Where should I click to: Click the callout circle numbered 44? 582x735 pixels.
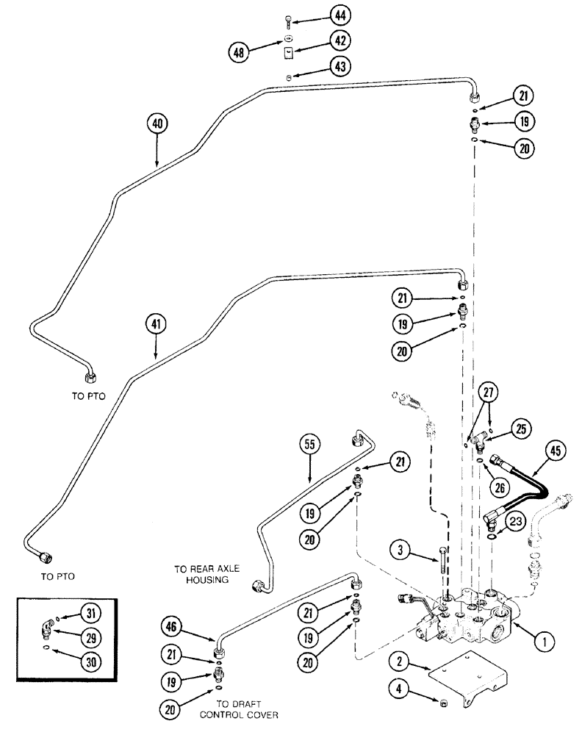tap(339, 15)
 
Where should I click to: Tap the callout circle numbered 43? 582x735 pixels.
tap(339, 67)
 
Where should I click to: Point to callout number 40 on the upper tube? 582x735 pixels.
tap(157, 123)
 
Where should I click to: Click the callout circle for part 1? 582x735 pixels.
tap(543, 643)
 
